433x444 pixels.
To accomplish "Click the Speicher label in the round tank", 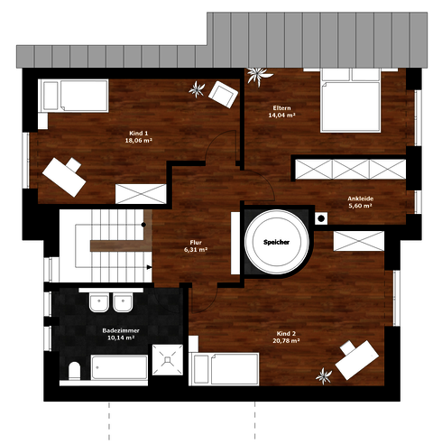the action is [x=276, y=242].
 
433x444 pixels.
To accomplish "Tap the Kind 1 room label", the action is [x=138, y=134].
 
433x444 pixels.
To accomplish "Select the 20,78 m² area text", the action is [x=286, y=341].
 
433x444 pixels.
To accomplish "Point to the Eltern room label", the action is [x=281, y=108].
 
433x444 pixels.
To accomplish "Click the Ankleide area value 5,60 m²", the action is [x=360, y=206].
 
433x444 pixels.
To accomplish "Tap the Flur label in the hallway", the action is [x=196, y=243].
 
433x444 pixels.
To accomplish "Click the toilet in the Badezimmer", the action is [x=74, y=371].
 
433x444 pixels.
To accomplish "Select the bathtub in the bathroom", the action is [x=119, y=367].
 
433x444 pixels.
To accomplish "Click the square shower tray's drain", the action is [x=168, y=359].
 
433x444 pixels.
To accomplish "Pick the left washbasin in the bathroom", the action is [x=99, y=302].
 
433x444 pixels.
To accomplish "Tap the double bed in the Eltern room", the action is [x=351, y=100].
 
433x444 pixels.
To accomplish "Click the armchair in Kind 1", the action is [x=223, y=94].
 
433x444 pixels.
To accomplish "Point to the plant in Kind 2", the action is [x=324, y=375].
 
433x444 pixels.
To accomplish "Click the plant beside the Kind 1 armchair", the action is [x=197, y=89].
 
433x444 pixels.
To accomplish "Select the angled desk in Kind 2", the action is [x=356, y=360].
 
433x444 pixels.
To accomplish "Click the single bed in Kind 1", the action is [x=73, y=96].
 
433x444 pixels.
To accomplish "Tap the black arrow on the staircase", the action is [x=149, y=267].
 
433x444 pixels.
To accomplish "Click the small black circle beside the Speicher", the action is [x=321, y=218].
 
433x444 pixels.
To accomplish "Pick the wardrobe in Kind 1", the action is [x=141, y=194].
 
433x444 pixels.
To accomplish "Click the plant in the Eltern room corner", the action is [x=259, y=75].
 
